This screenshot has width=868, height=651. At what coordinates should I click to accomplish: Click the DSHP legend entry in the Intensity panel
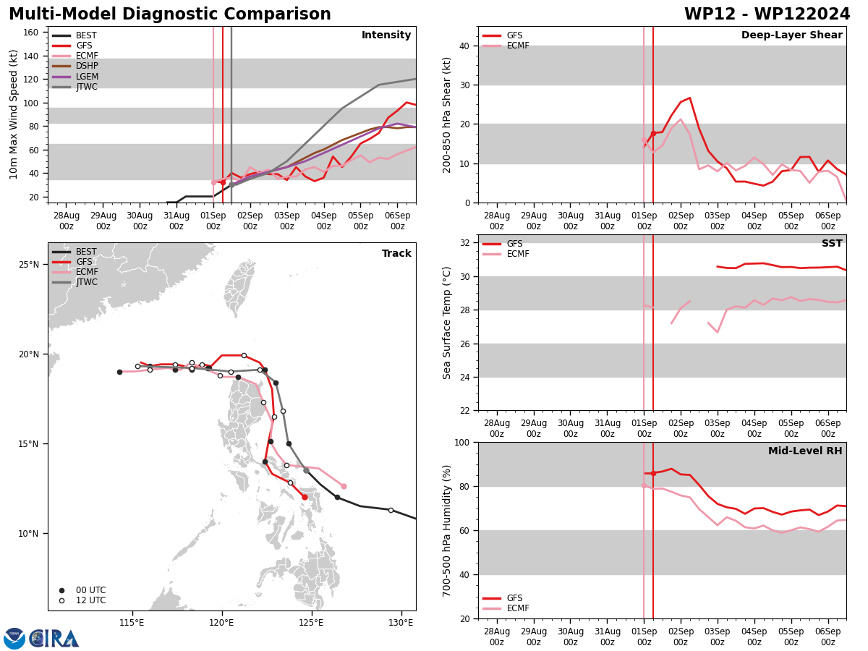click(75, 66)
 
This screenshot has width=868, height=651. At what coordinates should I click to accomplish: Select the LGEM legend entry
click(75, 76)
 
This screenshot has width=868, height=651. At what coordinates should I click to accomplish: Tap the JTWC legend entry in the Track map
click(75, 282)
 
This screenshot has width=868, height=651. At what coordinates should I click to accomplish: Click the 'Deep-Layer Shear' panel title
click(791, 35)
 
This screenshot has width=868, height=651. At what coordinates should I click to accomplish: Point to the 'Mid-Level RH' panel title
click(805, 451)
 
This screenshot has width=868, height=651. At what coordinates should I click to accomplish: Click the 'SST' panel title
click(832, 243)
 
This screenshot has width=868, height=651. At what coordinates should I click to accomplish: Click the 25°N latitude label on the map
click(29, 265)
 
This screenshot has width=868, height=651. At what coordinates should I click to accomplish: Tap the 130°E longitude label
click(401, 623)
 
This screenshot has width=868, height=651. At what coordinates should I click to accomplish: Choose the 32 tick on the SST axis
click(465, 243)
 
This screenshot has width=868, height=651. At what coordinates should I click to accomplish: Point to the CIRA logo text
click(54, 639)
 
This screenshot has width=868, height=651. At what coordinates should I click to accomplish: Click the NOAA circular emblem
click(14, 639)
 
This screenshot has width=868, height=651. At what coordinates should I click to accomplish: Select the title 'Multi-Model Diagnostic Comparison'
click(170, 14)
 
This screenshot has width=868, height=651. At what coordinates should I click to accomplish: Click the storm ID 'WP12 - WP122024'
click(767, 14)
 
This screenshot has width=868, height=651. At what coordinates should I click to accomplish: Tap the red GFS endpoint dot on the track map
click(305, 497)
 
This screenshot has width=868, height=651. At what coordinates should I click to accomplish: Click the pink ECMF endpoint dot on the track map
click(344, 486)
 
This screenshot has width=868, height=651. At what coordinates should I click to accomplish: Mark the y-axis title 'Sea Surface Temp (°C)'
click(446, 323)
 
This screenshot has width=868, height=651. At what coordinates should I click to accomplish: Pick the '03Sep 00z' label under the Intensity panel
click(287, 221)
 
